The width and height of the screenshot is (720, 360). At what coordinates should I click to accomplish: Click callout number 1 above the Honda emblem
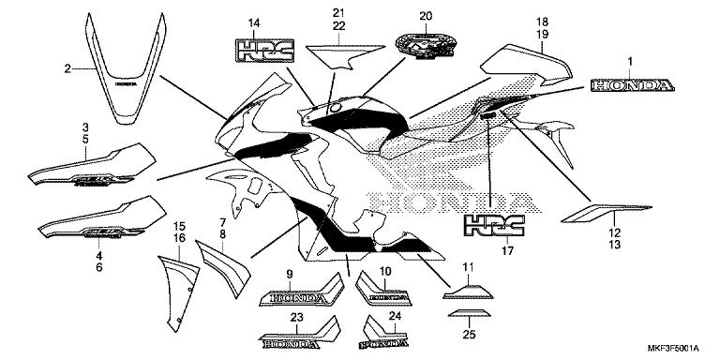pyautogui.click(x=630, y=62)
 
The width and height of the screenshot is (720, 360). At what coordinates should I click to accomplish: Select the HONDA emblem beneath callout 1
pyautogui.click(x=630, y=86)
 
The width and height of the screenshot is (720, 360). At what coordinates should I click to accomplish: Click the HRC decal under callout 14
pyautogui.click(x=258, y=51)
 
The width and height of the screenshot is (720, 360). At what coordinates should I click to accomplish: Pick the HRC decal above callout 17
pyautogui.click(x=491, y=226)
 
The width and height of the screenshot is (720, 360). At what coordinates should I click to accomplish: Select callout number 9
pyautogui.click(x=290, y=273)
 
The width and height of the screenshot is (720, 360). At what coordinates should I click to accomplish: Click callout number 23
pyautogui.click(x=296, y=319)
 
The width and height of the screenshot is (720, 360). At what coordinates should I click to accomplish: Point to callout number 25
pyautogui.click(x=468, y=334)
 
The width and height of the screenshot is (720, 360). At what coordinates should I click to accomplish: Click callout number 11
pyautogui.click(x=468, y=266)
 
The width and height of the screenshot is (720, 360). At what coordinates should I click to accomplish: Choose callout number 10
pyautogui.click(x=384, y=272)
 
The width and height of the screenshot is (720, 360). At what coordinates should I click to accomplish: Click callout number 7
pyautogui.click(x=222, y=222)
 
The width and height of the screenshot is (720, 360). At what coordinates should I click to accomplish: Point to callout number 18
pyautogui.click(x=541, y=21)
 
